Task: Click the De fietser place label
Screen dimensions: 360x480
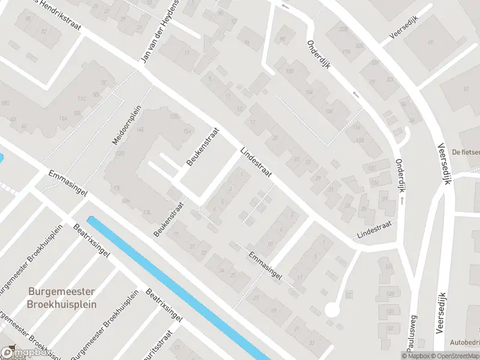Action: (x=466, y=152)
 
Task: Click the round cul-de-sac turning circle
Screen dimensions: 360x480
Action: (x=332, y=310)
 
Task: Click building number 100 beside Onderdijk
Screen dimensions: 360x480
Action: (x=290, y=71)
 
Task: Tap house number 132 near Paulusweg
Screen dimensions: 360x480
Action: (x=389, y=329)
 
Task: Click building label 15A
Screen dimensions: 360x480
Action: (x=187, y=131)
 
